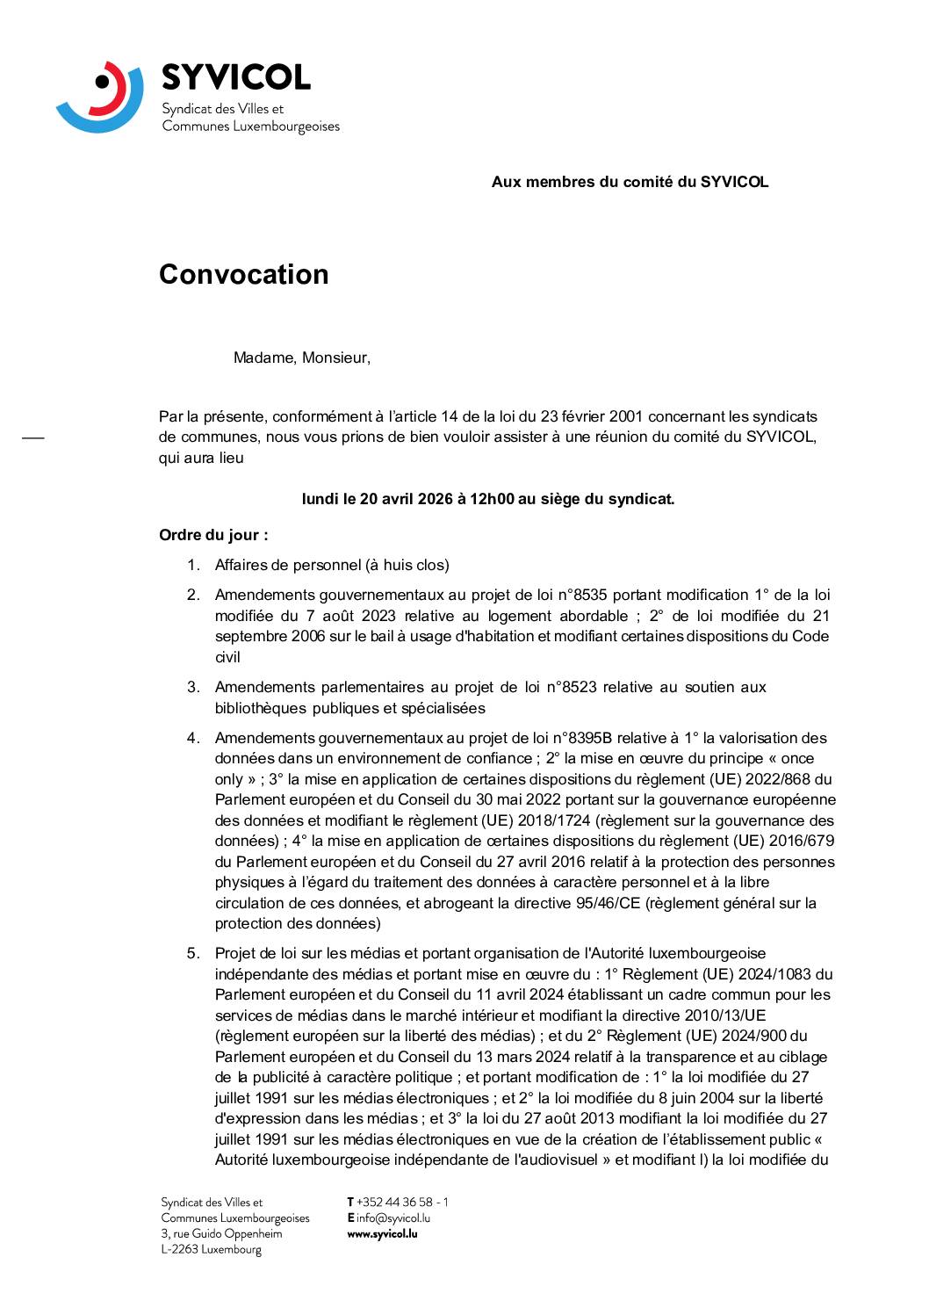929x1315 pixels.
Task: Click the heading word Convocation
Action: point(243,275)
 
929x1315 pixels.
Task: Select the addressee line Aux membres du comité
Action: point(630,182)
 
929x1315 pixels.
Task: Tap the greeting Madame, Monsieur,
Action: point(301,358)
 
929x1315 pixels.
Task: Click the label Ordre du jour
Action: point(212,535)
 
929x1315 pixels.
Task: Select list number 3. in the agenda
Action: point(193,687)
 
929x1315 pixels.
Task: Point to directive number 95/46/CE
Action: point(599,903)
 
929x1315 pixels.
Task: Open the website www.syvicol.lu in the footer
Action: point(382,1233)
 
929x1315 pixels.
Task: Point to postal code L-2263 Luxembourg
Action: point(211,1249)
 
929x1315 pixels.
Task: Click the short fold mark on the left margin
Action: point(32,437)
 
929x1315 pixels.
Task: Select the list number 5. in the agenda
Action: point(193,953)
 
